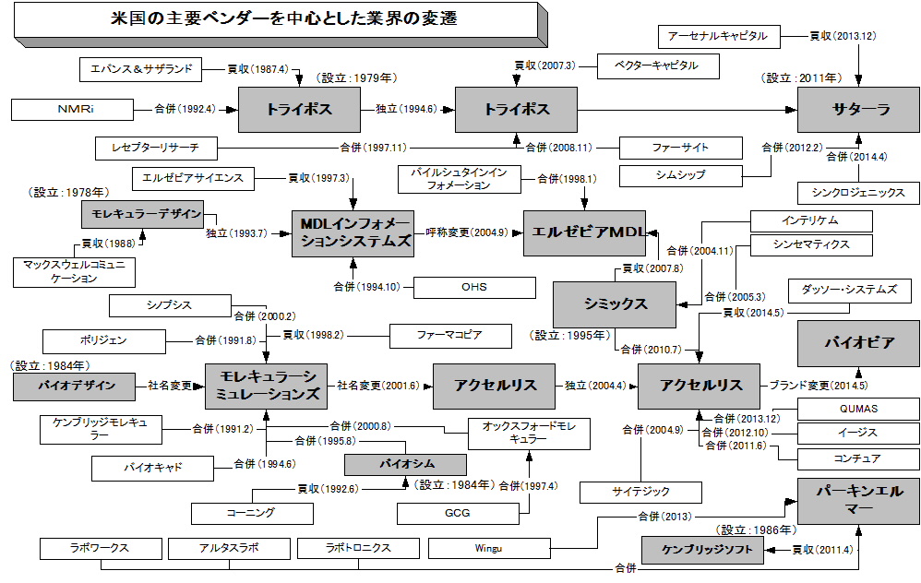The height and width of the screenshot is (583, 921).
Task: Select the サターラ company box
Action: (x=858, y=109)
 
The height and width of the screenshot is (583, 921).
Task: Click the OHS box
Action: (x=474, y=287)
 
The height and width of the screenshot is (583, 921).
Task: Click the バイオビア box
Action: (x=858, y=343)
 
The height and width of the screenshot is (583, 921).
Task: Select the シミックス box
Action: (x=615, y=304)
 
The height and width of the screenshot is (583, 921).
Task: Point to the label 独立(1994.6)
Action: (x=406, y=109)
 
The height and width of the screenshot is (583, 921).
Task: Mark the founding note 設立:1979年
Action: (x=355, y=78)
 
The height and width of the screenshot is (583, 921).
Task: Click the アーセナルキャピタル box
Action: (x=719, y=36)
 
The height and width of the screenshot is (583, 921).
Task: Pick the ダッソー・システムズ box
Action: (x=848, y=290)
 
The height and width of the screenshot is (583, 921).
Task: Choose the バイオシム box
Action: (x=405, y=464)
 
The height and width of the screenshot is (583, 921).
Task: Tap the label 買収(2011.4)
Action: (x=823, y=551)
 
